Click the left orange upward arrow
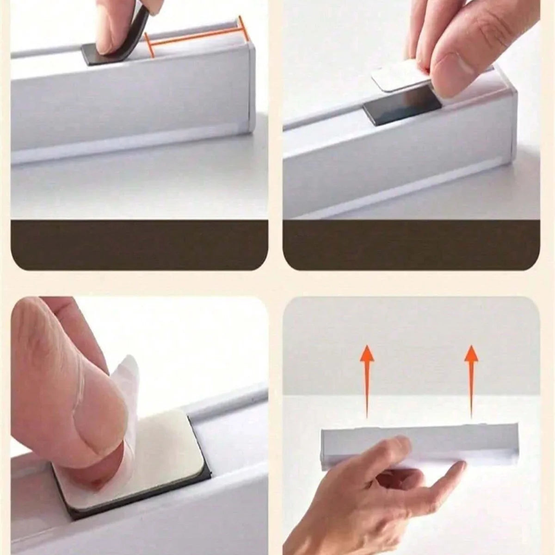(x=367, y=379)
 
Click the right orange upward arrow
(x=471, y=379)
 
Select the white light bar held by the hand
(x=416, y=442)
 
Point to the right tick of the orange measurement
(x=243, y=28)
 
